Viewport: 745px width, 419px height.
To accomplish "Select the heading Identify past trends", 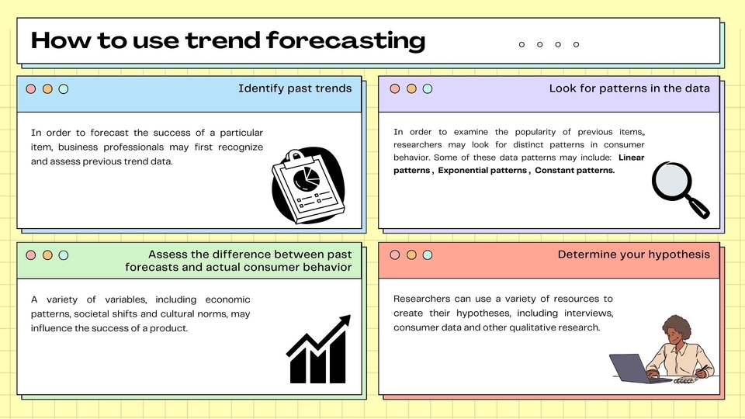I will pyautogui.click(x=295, y=88).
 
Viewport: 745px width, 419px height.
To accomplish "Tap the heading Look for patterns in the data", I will pyautogui.click(x=629, y=88).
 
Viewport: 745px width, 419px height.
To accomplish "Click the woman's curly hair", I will pyautogui.click(x=674, y=325).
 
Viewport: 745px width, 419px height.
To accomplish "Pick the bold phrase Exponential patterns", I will pyautogui.click(x=482, y=171).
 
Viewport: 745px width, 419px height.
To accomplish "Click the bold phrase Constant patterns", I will pyautogui.click(x=574, y=171).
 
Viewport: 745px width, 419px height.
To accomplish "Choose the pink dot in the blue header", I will pyautogui.click(x=31, y=89).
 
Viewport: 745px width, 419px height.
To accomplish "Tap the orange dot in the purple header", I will pyautogui.click(x=411, y=89).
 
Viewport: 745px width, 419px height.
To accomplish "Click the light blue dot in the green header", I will pyautogui.click(x=64, y=255).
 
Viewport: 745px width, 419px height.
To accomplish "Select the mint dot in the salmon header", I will pyautogui.click(x=428, y=255).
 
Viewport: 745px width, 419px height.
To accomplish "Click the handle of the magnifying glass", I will pyautogui.click(x=698, y=207).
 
